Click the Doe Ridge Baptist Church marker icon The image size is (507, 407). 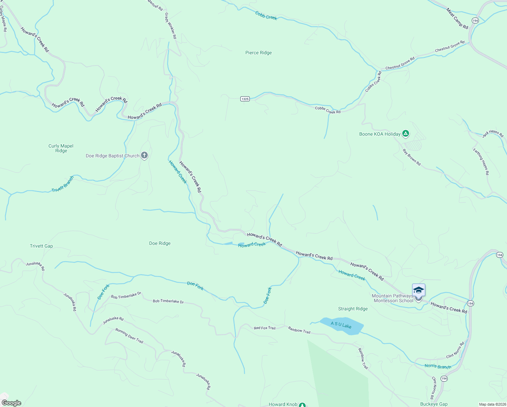(144, 156)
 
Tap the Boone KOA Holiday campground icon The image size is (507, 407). (405, 134)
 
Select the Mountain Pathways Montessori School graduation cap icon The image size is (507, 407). (419, 290)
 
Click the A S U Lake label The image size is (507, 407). (341, 325)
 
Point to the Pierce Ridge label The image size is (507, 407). (258, 53)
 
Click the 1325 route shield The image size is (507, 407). (245, 99)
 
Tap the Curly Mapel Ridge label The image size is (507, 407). (61, 148)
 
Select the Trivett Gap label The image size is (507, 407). (41, 246)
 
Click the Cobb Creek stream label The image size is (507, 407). (266, 16)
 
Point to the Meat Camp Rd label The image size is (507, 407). (457, 19)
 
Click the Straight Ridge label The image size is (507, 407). (353, 309)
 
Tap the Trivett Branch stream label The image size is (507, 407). (63, 184)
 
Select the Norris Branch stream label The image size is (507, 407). (438, 366)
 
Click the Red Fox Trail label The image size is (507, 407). (265, 328)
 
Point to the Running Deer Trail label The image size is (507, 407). (129, 335)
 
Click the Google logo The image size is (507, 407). (12, 403)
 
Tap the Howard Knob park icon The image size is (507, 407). (302, 405)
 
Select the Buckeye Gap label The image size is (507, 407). (434, 404)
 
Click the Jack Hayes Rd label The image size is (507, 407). (493, 134)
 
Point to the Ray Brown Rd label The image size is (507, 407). (411, 157)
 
